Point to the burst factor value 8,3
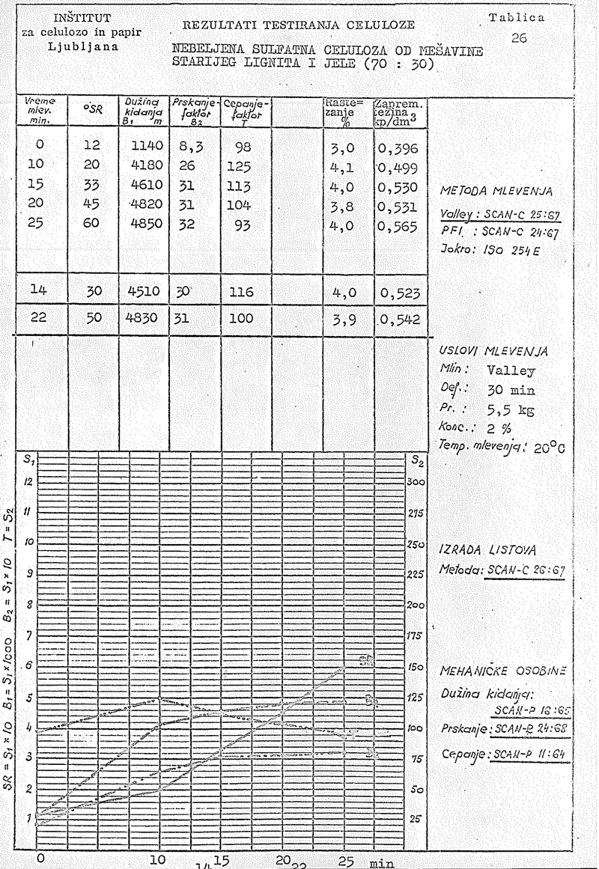click(190, 148)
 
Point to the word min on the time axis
click(381, 862)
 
